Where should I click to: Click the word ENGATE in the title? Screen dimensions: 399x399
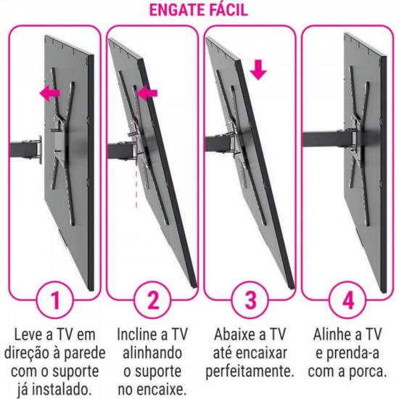(x=172, y=12)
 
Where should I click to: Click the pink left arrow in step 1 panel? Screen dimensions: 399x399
(x=50, y=93)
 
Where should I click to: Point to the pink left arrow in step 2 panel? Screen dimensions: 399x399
(x=147, y=93)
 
